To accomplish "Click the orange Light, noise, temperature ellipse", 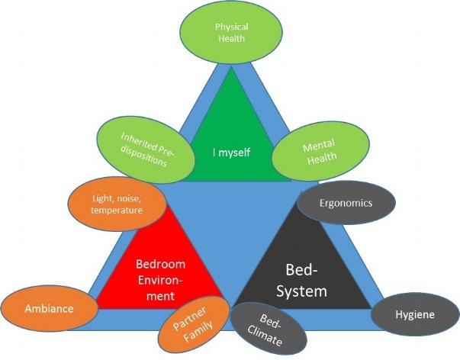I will point(117,204).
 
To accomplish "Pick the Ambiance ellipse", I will point(48,309).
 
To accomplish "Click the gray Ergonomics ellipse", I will point(346,204).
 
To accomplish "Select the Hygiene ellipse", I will point(415,314).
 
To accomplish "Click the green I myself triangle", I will point(231,130).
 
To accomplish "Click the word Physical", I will point(230,26).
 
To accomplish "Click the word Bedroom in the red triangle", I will point(161,265).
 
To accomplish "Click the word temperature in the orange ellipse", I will point(117,211).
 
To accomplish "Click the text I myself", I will point(231,151).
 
